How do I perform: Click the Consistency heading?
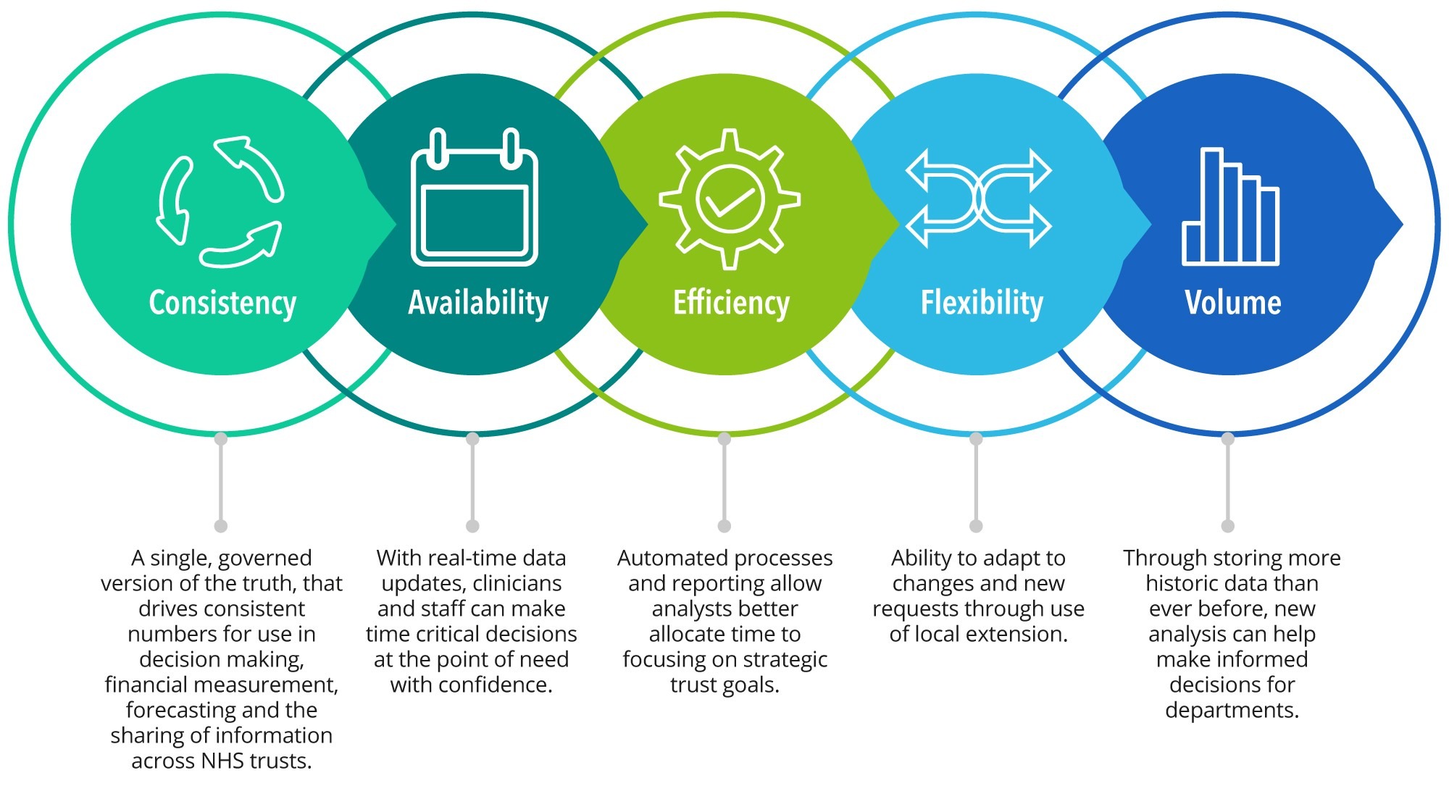click(222, 304)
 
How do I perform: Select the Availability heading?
click(478, 304)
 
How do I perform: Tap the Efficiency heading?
click(731, 304)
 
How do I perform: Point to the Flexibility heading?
click(982, 304)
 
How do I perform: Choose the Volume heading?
click(1232, 303)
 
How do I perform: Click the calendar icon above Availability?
click(475, 197)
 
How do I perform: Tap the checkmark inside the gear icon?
click(730, 201)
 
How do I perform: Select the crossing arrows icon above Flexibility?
click(979, 198)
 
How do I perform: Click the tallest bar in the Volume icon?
click(1212, 206)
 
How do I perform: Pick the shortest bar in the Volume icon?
click(1192, 243)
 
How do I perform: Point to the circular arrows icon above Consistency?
click(220, 202)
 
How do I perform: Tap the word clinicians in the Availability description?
click(517, 583)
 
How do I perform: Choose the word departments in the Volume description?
click(1232, 711)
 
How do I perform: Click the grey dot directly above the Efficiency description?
click(724, 526)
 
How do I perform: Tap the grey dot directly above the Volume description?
click(1227, 526)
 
